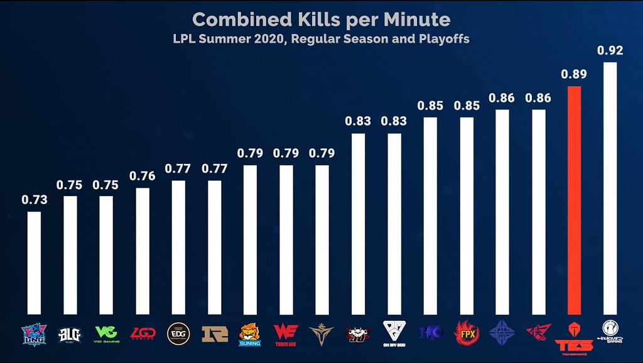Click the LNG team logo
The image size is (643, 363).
click(33, 333)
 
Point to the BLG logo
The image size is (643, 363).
click(70, 333)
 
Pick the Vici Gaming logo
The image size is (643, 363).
click(106, 333)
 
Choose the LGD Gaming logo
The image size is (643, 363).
click(143, 333)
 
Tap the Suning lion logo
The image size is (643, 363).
click(250, 333)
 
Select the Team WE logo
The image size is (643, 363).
click(286, 333)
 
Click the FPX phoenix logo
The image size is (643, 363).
click(467, 333)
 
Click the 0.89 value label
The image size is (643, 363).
click(574, 75)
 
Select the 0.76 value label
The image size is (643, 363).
click(143, 176)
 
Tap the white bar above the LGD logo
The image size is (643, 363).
click(143, 251)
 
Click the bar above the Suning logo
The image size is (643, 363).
click(250, 239)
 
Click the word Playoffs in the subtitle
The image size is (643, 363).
click(443, 38)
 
